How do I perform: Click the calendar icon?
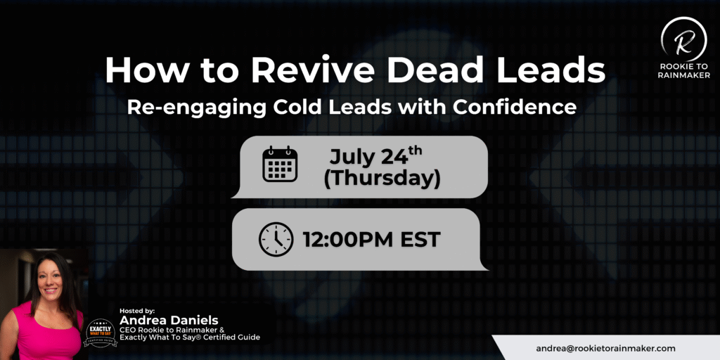[280, 164]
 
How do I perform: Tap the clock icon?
[276, 239]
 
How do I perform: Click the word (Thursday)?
[382, 179]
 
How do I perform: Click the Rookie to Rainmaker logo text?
[683, 71]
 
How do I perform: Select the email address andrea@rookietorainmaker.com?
[605, 349]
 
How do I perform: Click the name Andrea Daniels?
[169, 320]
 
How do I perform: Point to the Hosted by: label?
[137, 310]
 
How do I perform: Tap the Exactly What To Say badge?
[101, 333]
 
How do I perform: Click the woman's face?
[51, 278]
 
